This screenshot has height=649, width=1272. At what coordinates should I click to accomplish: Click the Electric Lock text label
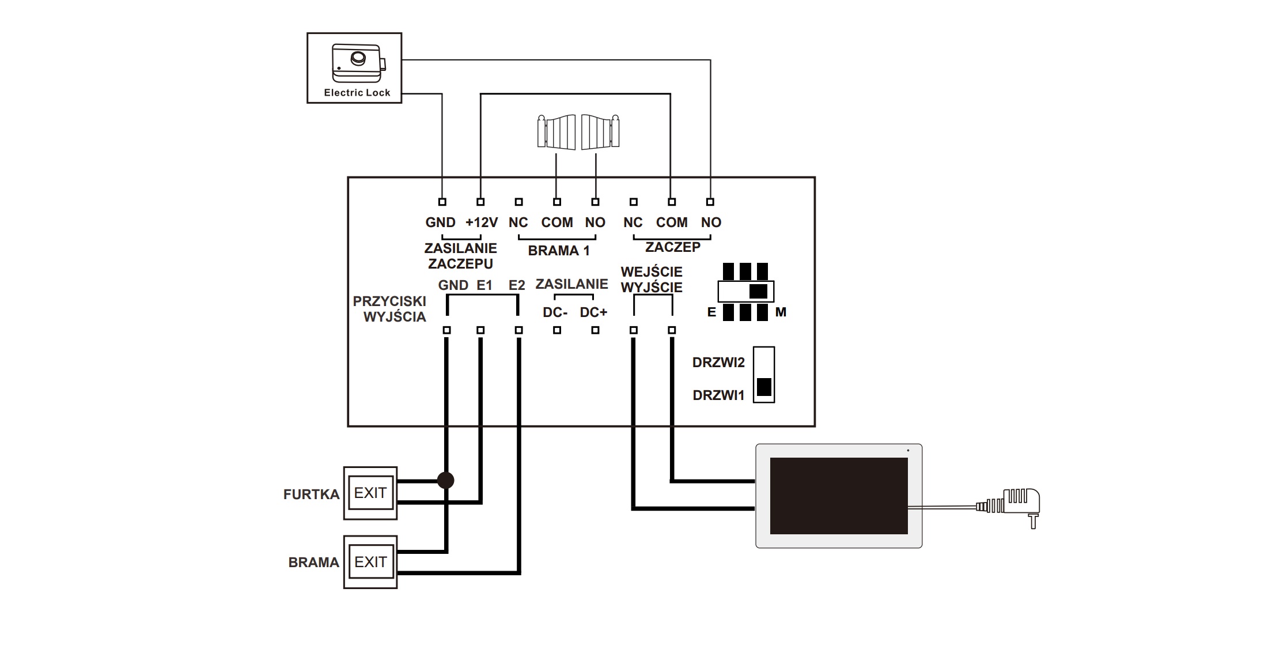pyautogui.click(x=357, y=92)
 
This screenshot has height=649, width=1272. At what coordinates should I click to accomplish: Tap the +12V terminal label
pyautogui.click(x=482, y=222)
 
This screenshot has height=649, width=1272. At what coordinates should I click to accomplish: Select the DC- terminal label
pyautogui.click(x=555, y=312)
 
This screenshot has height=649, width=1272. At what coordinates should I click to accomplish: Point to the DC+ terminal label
pyautogui.click(x=593, y=312)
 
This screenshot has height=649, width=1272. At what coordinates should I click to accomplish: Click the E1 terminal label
pyautogui.click(x=484, y=285)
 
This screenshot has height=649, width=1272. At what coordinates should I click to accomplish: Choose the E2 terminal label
pyautogui.click(x=517, y=285)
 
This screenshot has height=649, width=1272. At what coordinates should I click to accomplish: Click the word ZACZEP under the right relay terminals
pyautogui.click(x=673, y=247)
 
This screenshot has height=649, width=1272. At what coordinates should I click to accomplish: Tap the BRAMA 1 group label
pyautogui.click(x=559, y=251)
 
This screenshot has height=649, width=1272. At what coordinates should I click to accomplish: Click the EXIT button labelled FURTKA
pyautogui.click(x=370, y=493)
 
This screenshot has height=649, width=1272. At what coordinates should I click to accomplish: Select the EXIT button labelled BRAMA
pyautogui.click(x=370, y=562)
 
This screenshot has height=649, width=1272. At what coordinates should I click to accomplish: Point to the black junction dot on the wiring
pyautogui.click(x=445, y=480)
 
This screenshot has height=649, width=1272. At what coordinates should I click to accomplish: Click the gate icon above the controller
pyautogui.click(x=578, y=132)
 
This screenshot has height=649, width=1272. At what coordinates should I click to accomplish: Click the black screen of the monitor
pyautogui.click(x=839, y=496)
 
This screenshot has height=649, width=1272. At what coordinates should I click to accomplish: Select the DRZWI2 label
pyautogui.click(x=718, y=363)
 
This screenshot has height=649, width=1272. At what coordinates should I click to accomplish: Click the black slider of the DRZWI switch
pyautogui.click(x=764, y=387)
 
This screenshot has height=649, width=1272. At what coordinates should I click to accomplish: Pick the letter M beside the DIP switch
pyautogui.click(x=781, y=312)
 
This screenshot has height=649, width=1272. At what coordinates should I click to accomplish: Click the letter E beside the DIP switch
pyautogui.click(x=711, y=312)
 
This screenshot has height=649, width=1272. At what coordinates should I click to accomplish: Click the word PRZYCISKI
pyautogui.click(x=389, y=301)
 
